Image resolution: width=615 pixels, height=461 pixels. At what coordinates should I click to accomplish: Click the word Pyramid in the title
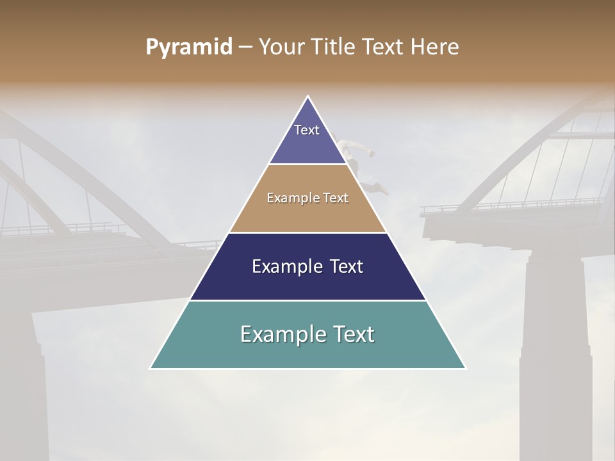click(x=189, y=47)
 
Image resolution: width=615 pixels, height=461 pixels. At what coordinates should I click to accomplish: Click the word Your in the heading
click(x=281, y=47)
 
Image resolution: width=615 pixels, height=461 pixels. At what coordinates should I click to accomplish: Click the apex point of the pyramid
click(x=308, y=97)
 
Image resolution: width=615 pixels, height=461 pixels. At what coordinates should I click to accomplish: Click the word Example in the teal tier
click(x=281, y=334)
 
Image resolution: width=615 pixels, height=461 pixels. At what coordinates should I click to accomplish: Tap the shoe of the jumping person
click(x=384, y=190)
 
